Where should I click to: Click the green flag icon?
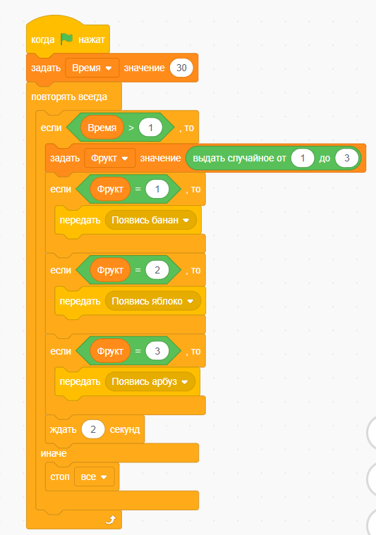(66, 39)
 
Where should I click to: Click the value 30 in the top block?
(181, 68)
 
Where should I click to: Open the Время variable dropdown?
(92, 68)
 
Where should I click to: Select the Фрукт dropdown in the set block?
(110, 159)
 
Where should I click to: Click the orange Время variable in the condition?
(102, 128)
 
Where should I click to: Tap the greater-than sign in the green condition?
(131, 128)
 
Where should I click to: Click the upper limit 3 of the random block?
(346, 158)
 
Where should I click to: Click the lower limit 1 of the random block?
(303, 158)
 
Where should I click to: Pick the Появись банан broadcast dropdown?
(150, 220)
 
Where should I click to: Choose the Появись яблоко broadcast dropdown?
(153, 301)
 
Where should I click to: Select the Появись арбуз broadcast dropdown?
(150, 381)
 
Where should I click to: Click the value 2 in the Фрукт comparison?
(157, 270)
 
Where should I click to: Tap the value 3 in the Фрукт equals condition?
(157, 351)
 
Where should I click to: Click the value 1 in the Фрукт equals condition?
(157, 189)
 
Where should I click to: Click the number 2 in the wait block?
(93, 429)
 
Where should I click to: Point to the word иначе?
(54, 453)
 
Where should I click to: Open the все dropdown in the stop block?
(95, 476)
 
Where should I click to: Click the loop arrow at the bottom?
(110, 520)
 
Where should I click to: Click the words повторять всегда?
(69, 97)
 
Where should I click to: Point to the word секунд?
(125, 429)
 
